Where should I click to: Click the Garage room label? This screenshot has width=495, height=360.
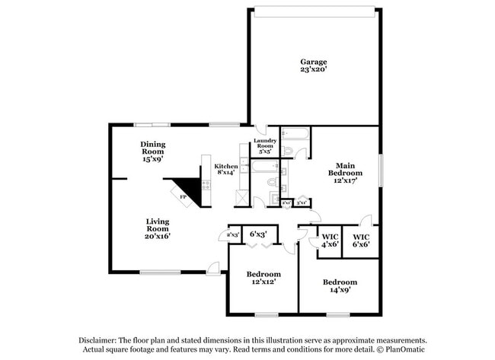coord(313,62)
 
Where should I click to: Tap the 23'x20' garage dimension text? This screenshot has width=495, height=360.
coord(313,69)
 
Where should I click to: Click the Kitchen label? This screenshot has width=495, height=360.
coord(226,166)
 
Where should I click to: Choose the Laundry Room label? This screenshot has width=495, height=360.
coord(265,144)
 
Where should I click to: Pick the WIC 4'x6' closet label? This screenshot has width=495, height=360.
coord(330,240)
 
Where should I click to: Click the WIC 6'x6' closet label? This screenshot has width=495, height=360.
coord(360,240)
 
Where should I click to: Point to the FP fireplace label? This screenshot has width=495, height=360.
coord(183,196)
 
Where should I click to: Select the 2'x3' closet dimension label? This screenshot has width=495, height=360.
coord(233,234)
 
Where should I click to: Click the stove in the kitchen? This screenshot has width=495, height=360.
coord(205,184)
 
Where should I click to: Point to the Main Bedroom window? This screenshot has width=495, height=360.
coord(378,169)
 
